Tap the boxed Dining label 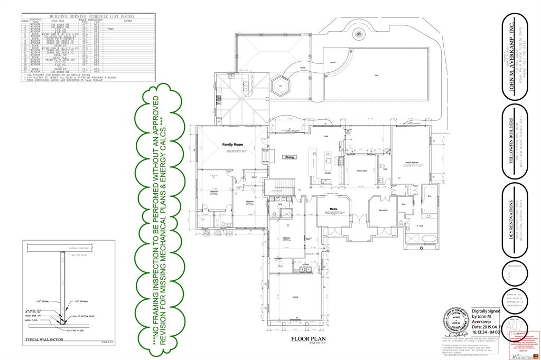tap(290, 157)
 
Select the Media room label tap(333, 209)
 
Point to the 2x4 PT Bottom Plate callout tap(85, 316)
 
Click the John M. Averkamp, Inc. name tap(511, 58)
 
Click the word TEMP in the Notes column tap(111, 29)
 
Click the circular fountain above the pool tap(359, 34)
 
